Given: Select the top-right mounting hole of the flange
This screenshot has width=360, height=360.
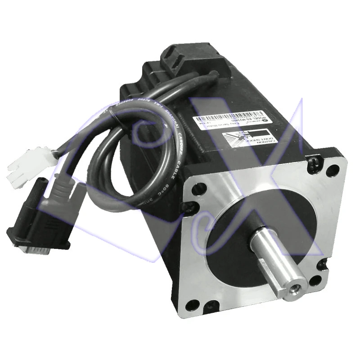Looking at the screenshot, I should click(x=331, y=170).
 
